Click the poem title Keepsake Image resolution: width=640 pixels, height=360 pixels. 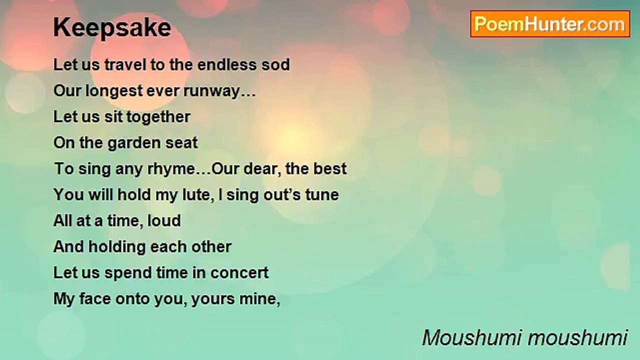(x=112, y=28)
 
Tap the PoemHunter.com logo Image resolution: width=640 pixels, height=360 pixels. (x=550, y=24)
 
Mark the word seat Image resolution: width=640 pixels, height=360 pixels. (x=182, y=143)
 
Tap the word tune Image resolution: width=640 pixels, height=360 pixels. (x=322, y=194)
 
